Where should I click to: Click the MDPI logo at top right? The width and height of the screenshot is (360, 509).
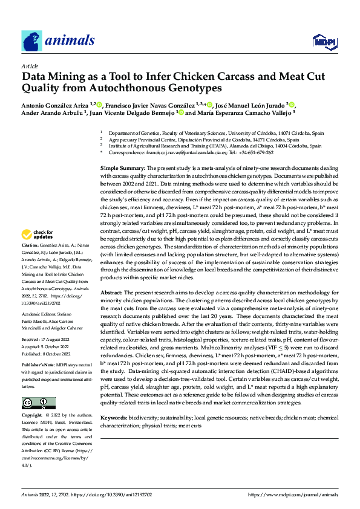tap(324, 41)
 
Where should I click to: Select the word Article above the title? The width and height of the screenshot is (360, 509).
tap(30, 66)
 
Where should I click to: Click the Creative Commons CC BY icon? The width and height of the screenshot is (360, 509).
tap(36, 403)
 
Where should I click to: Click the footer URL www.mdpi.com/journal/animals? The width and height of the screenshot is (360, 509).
tap(293, 494)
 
